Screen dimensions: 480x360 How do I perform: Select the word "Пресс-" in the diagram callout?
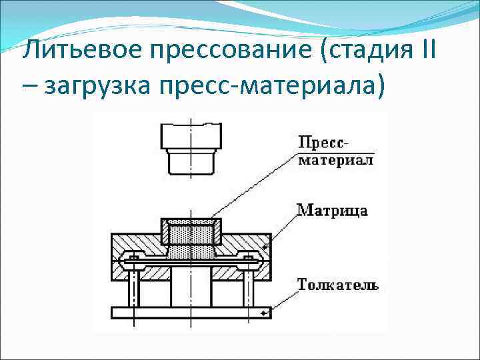click(325, 143)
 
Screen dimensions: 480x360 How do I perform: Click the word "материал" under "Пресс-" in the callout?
click(335, 160)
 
